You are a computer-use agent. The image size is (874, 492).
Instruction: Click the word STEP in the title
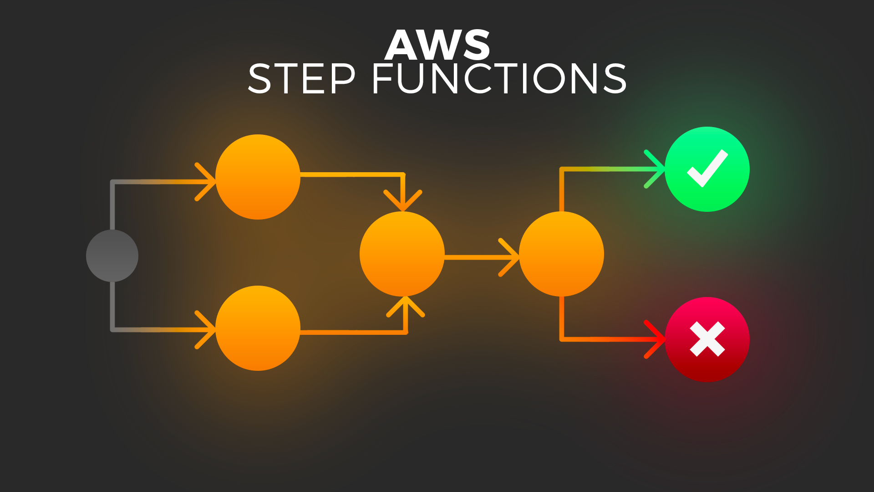(x=301, y=79)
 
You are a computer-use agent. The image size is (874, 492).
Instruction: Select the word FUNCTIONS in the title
(x=499, y=79)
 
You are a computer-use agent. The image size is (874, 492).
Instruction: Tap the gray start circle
(x=112, y=256)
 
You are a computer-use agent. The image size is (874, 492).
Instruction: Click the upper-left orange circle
(x=258, y=177)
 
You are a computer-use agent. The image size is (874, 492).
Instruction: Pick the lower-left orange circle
(x=258, y=328)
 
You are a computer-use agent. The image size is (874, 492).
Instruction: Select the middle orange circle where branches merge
(x=402, y=254)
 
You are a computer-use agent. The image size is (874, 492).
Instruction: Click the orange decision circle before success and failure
(x=561, y=254)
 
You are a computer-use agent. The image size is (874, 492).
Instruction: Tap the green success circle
(x=707, y=169)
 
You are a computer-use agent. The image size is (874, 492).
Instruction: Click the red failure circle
(x=707, y=339)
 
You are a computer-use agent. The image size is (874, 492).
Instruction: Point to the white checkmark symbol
(x=707, y=168)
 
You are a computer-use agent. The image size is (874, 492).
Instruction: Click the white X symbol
(x=707, y=339)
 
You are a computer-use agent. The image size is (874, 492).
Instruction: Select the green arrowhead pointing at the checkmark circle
(x=655, y=169)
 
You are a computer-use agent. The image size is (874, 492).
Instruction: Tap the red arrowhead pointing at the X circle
(x=655, y=339)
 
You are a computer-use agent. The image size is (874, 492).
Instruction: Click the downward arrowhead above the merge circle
(x=403, y=200)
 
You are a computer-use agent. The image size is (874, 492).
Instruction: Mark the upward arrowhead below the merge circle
(x=406, y=307)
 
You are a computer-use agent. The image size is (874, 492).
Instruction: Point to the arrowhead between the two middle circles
(x=510, y=257)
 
